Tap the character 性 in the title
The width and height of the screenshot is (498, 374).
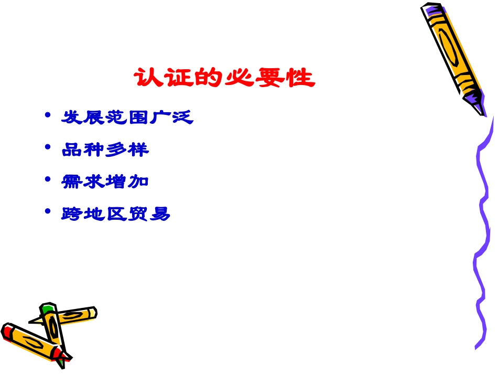(x=302, y=78)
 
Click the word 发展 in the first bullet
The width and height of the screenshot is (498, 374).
(x=83, y=117)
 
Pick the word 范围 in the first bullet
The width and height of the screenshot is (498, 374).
(x=127, y=117)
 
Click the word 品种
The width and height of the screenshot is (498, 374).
(x=83, y=149)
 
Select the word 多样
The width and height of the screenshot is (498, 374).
(x=127, y=149)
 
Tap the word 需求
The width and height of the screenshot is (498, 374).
(x=83, y=181)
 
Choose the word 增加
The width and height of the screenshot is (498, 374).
(x=127, y=181)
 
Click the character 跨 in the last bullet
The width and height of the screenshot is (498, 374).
(x=72, y=214)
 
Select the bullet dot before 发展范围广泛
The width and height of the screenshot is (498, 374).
(x=48, y=115)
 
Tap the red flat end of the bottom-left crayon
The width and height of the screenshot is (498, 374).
(x=7, y=332)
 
